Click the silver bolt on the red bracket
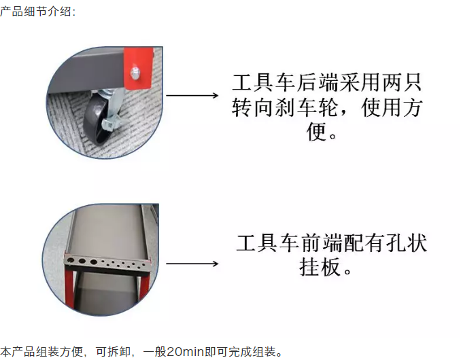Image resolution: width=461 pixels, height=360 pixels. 135,73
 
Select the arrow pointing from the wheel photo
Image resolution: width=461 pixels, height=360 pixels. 192,95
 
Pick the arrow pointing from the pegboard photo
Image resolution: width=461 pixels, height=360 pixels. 192,264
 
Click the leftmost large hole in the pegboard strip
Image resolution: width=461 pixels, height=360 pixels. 71,260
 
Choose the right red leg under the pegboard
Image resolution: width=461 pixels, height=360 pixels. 144,286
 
